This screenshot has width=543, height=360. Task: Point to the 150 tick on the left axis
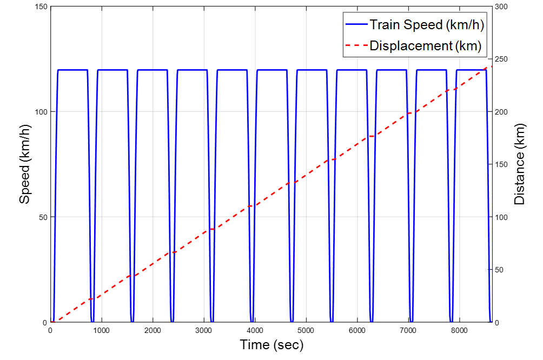pos(41,6)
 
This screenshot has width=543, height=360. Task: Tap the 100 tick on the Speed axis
pos(41,112)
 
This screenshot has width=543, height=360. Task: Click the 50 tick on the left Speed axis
pos(43,217)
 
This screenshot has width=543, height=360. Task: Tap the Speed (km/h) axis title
pos(25,164)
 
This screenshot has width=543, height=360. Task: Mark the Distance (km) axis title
pos(520,164)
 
